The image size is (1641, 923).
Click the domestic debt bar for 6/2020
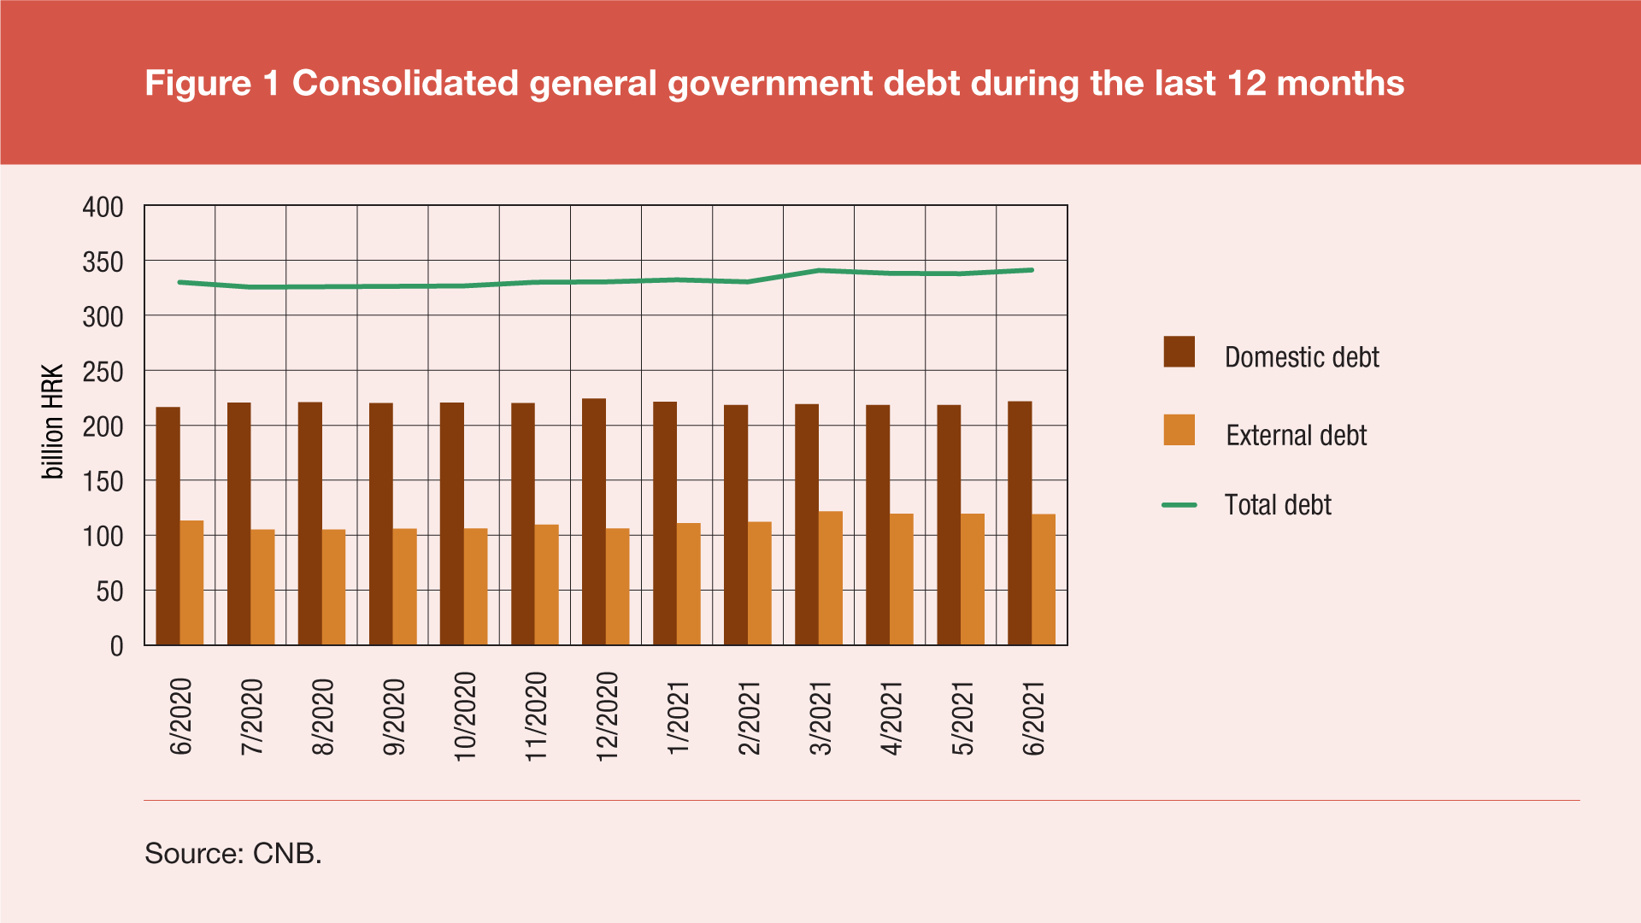168,526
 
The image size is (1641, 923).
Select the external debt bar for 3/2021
831,578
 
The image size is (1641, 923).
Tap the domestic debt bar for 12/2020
594,521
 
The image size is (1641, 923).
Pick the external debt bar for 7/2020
262,587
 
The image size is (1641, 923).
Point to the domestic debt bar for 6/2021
1020,523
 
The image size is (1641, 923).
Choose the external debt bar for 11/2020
547,585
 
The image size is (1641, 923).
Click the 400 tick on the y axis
103,207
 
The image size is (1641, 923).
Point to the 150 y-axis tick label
103,482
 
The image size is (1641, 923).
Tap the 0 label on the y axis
116,647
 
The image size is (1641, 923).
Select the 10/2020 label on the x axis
464,716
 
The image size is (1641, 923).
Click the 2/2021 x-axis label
749,718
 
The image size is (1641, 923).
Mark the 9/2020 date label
393,717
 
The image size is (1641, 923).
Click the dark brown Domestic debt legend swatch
1179,351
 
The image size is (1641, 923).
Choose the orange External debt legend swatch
1179,430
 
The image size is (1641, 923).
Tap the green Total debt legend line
1179,505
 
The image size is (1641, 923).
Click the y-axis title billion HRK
53,421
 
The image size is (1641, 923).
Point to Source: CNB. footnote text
233,853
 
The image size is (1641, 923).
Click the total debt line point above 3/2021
819,271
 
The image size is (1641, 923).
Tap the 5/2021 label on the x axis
962,718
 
